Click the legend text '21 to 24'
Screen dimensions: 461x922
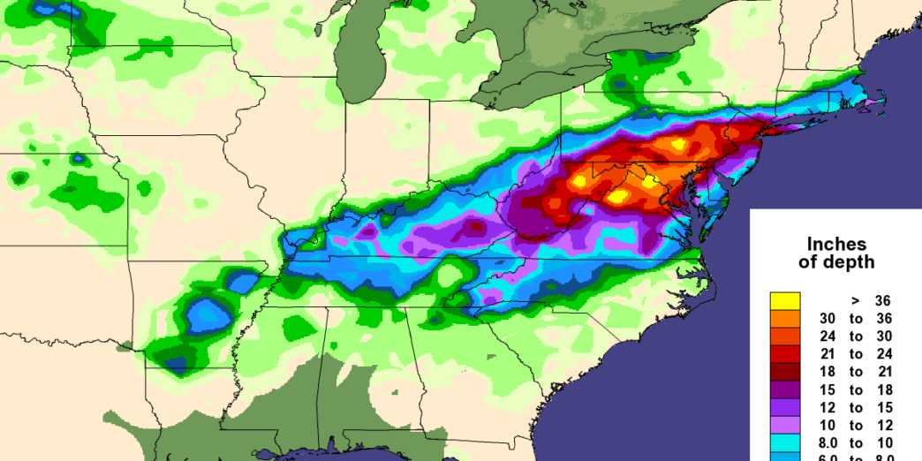coord(856,354)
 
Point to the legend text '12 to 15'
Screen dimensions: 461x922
coord(856,408)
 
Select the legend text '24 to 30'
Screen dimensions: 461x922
coord(856,336)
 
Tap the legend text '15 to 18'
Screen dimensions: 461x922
coord(856,389)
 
